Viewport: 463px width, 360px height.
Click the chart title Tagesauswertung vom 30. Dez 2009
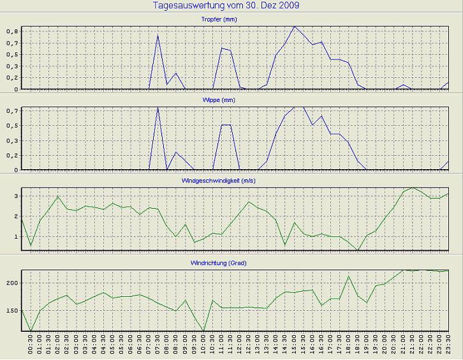tap(226, 6)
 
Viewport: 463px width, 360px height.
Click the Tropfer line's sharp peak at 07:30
tap(158, 35)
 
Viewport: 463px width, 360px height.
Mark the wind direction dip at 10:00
tap(203, 331)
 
